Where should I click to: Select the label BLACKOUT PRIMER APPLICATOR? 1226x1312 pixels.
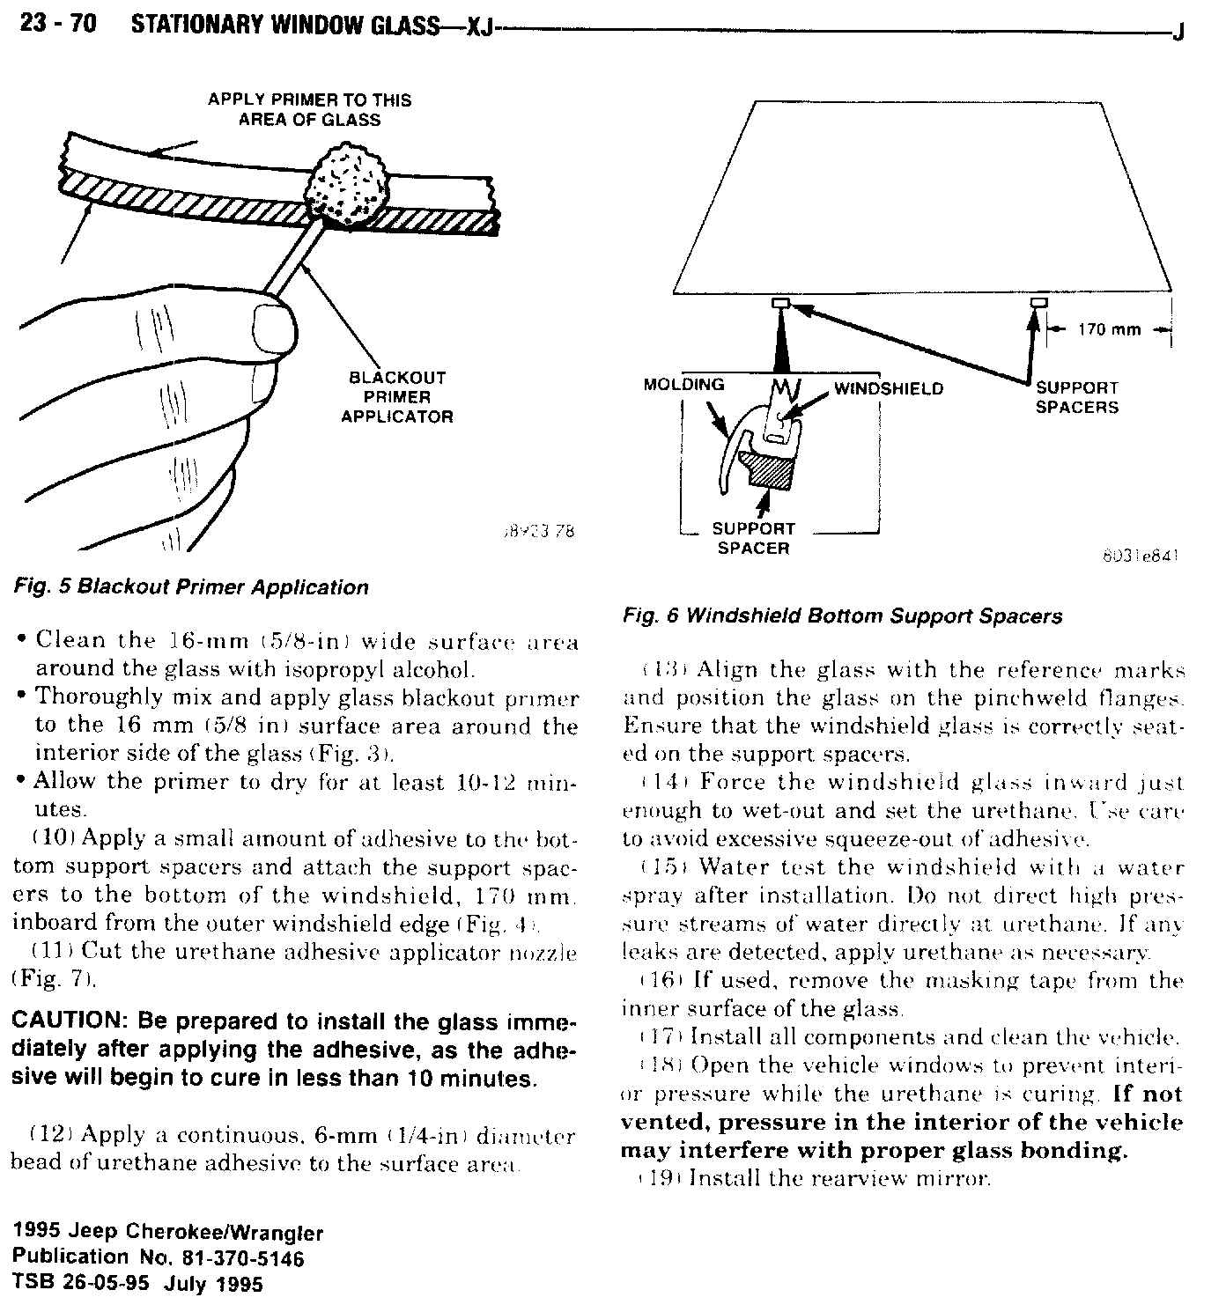(x=396, y=396)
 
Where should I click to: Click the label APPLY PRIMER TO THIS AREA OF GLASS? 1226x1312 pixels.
(x=309, y=109)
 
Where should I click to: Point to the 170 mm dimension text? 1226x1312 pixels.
(x=1109, y=330)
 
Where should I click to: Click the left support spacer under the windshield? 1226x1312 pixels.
(x=780, y=304)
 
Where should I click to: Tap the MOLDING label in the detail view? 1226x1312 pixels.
(x=683, y=385)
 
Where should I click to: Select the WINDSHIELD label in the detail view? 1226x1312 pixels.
(x=888, y=388)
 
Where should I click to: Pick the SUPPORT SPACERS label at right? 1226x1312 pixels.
(x=1076, y=397)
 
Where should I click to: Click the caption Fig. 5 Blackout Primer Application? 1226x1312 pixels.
(x=190, y=587)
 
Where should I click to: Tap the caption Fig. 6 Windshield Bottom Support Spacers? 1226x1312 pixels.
(x=842, y=615)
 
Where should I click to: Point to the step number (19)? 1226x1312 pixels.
(x=659, y=1178)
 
